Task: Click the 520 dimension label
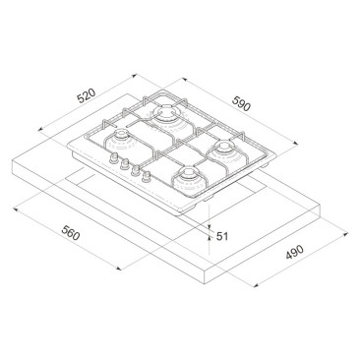coord(87,95)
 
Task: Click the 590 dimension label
coord(241,103)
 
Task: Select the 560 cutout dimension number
coord(71,233)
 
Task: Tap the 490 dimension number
coord(294,252)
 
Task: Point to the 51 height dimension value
coord(222,236)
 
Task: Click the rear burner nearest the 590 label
coord(166,114)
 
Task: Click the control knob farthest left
coord(114,157)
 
